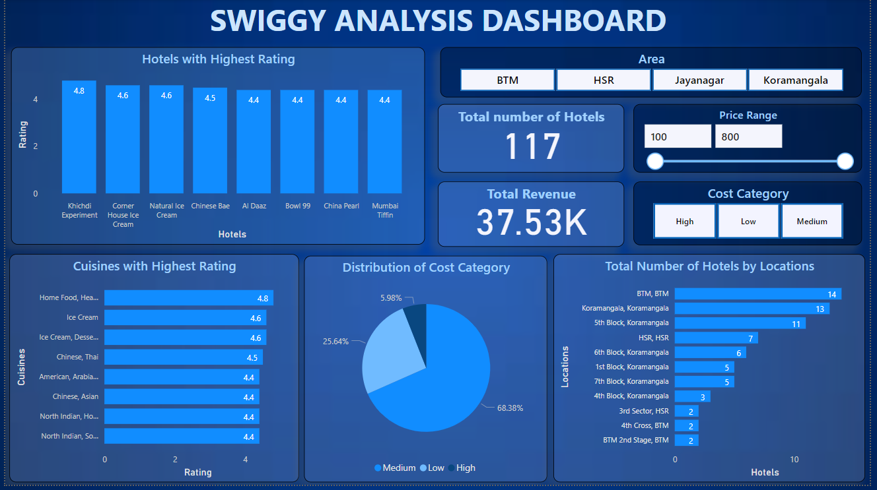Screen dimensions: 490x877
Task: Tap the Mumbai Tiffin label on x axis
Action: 385,210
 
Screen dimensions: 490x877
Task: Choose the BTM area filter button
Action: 507,80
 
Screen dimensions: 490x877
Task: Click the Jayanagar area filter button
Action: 699,80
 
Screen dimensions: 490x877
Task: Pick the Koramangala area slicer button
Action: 795,80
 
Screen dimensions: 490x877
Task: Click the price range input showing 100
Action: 678,137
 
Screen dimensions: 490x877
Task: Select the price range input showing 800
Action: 748,137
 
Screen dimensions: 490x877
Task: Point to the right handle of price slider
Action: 845,162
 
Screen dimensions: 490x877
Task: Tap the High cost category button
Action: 684,221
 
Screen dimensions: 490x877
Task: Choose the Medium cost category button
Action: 812,221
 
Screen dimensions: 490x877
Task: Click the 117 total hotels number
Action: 532,146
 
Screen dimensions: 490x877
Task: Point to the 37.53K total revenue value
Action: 532,223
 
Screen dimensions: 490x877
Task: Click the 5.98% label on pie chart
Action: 391,298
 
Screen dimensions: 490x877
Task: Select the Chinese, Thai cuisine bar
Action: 183,357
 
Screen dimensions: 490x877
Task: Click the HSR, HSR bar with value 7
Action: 716,338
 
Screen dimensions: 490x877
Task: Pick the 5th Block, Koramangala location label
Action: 631,323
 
